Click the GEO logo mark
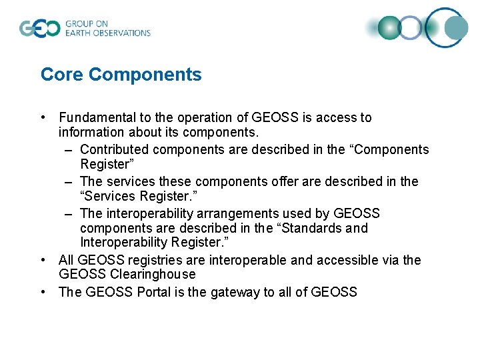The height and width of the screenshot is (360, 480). click(x=39, y=29)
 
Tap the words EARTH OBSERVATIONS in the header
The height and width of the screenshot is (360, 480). click(x=107, y=33)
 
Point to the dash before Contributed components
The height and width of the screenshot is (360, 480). click(x=69, y=150)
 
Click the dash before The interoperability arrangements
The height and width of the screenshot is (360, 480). click(x=69, y=213)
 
